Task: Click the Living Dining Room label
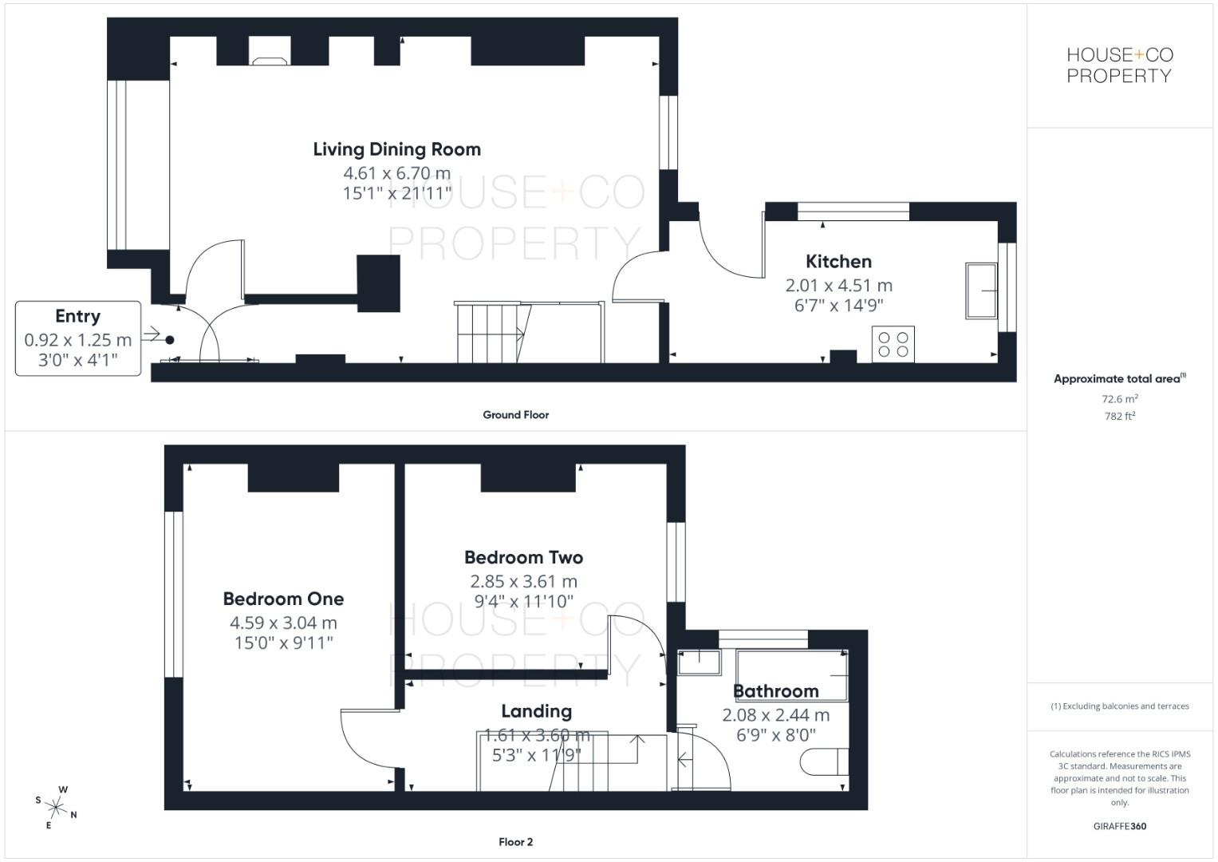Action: [x=397, y=149]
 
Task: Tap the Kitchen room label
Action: [x=838, y=261]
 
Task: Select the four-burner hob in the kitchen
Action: [x=893, y=344]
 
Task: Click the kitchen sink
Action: [x=981, y=291]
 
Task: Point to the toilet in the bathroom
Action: [x=824, y=761]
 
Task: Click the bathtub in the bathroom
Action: [x=792, y=674]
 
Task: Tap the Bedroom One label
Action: [x=283, y=599]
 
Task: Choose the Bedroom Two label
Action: [x=523, y=557]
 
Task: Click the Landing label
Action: [x=536, y=711]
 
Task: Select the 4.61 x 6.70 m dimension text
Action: [x=397, y=173]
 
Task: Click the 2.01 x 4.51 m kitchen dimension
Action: [x=838, y=285]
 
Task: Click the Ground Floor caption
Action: [x=515, y=415]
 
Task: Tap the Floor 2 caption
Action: [x=515, y=842]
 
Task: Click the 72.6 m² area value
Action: [x=1120, y=398]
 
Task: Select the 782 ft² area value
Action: [x=1120, y=416]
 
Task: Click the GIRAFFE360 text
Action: [x=1120, y=826]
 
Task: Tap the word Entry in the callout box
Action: [x=77, y=316]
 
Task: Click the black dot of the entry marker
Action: [x=170, y=340]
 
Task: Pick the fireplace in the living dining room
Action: [x=270, y=51]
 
